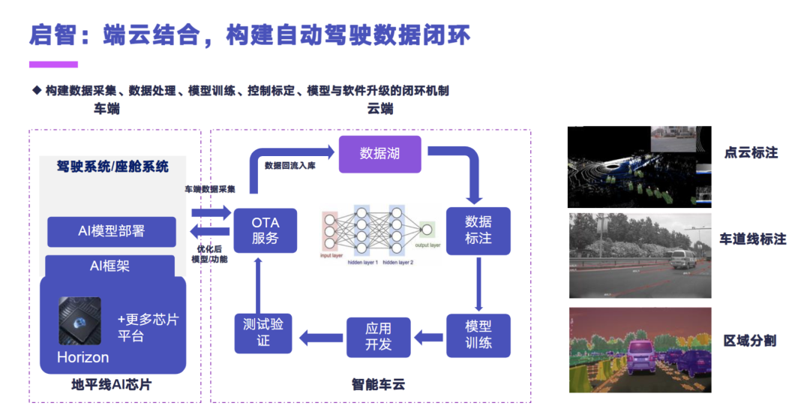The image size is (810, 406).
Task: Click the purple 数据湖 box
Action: tap(380, 153)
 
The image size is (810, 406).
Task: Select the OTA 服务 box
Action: tap(265, 230)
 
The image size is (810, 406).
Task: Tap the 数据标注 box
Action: tap(478, 230)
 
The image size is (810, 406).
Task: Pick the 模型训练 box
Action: tap(478, 335)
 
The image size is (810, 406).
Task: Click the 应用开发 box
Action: tap(378, 337)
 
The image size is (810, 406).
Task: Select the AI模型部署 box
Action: tap(111, 231)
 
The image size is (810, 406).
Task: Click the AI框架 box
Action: tap(109, 265)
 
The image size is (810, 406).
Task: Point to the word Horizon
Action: tap(82, 357)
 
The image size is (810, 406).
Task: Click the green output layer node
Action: tap(427, 230)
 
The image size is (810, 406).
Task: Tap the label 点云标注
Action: tap(751, 152)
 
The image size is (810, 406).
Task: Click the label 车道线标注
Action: tap(752, 239)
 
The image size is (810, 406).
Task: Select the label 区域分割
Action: tap(749, 341)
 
